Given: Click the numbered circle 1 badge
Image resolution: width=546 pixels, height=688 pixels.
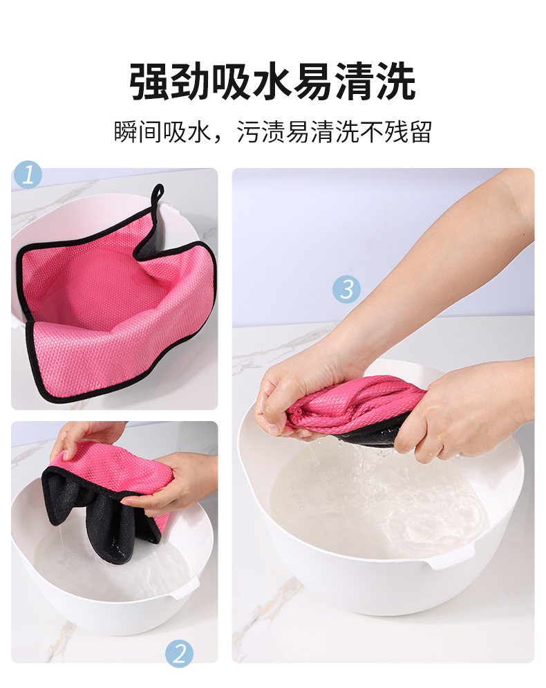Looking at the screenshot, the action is tap(28, 174).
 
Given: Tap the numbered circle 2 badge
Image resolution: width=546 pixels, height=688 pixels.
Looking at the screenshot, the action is tap(180, 654).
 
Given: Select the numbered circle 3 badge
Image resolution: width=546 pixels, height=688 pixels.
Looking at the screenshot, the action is tap(346, 290).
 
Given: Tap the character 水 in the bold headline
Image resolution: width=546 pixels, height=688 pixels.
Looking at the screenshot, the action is tap(273, 82).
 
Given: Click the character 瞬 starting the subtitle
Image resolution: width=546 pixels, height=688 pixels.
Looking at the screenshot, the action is tap(126, 131).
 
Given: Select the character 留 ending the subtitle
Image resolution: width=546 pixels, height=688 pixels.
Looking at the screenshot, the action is tap(420, 131).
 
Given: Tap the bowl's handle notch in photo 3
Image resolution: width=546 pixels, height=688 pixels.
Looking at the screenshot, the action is tap(452, 557).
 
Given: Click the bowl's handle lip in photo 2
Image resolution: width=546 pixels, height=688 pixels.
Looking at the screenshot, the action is tap(185, 589).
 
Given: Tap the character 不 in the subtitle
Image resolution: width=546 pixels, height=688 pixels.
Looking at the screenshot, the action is tap(371, 131).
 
